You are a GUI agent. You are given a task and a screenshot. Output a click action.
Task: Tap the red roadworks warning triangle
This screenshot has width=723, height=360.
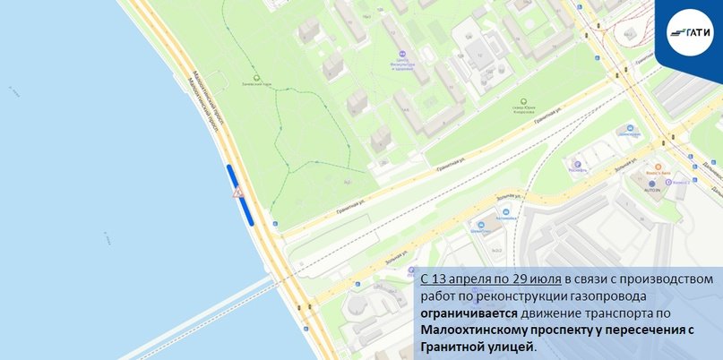coord(237,193)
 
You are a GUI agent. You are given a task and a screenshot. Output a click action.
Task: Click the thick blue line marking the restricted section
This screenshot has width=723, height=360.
coord(239,193)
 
